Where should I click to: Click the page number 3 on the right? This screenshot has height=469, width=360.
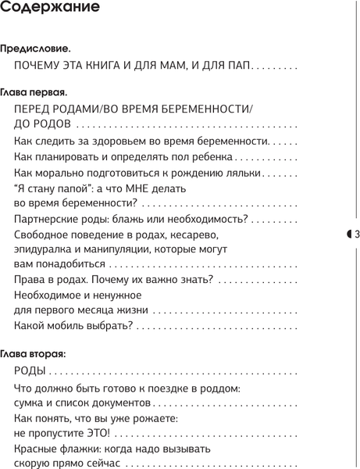click(356, 234)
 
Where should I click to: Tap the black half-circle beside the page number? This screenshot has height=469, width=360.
click(349, 234)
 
